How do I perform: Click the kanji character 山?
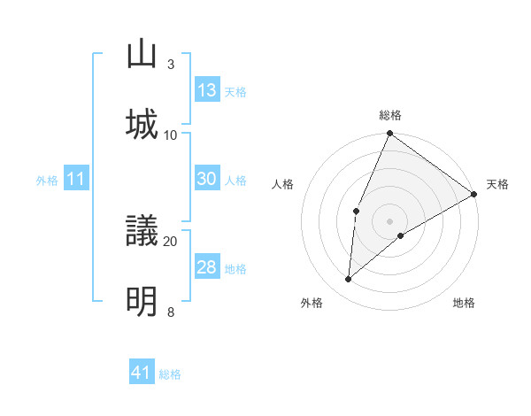[142, 53]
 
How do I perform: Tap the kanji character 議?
[142, 231]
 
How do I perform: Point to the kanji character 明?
[142, 301]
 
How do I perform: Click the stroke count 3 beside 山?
[171, 65]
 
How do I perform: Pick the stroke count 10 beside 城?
[171, 135]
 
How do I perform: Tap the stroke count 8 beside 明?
[171, 312]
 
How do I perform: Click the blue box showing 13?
[207, 90]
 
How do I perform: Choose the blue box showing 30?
[207, 179]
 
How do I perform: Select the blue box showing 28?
[207, 267]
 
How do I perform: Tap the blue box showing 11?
[76, 180]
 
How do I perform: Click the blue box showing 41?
[142, 373]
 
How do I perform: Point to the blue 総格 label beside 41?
[170, 374]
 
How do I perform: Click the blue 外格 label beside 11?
[47, 181]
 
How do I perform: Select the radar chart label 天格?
[497, 184]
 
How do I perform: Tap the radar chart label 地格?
[464, 303]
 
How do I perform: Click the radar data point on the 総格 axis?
[389, 134]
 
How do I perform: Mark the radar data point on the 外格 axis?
[349, 280]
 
